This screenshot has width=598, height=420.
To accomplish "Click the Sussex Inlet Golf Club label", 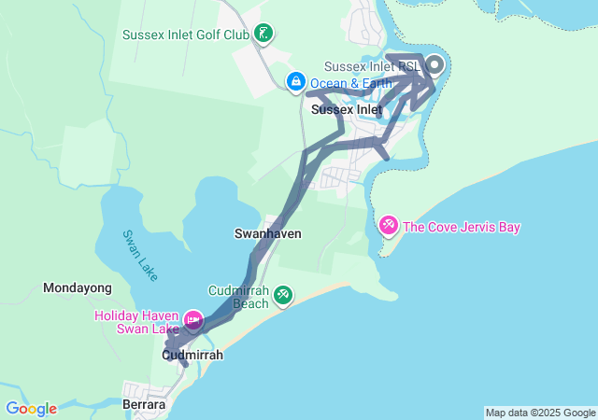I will pyautogui.click(x=186, y=35).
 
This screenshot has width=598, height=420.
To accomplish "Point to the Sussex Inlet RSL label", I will pyautogui.click(x=371, y=66).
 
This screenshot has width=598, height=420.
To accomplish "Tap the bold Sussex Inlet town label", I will pyautogui.click(x=347, y=109).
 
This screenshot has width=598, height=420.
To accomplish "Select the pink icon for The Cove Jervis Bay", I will pyautogui.click(x=388, y=226).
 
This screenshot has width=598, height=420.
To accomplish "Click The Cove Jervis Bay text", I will pyautogui.click(x=462, y=227).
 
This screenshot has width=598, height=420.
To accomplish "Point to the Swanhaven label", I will pyautogui.click(x=267, y=233).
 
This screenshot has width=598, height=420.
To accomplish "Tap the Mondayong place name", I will pyautogui.click(x=78, y=288).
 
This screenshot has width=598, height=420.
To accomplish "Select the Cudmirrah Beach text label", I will pyautogui.click(x=238, y=297).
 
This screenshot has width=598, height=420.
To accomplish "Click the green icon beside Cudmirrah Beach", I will pyautogui.click(x=283, y=297).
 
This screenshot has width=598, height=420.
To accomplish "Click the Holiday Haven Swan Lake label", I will pyautogui.click(x=136, y=322).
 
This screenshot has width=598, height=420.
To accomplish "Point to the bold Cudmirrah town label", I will pyautogui.click(x=192, y=356).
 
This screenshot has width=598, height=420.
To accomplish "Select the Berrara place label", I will pyautogui.click(x=144, y=405).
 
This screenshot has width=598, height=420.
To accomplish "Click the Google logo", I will pyautogui.click(x=31, y=409).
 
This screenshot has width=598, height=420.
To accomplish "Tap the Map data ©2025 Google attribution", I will pyautogui.click(x=540, y=413).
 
